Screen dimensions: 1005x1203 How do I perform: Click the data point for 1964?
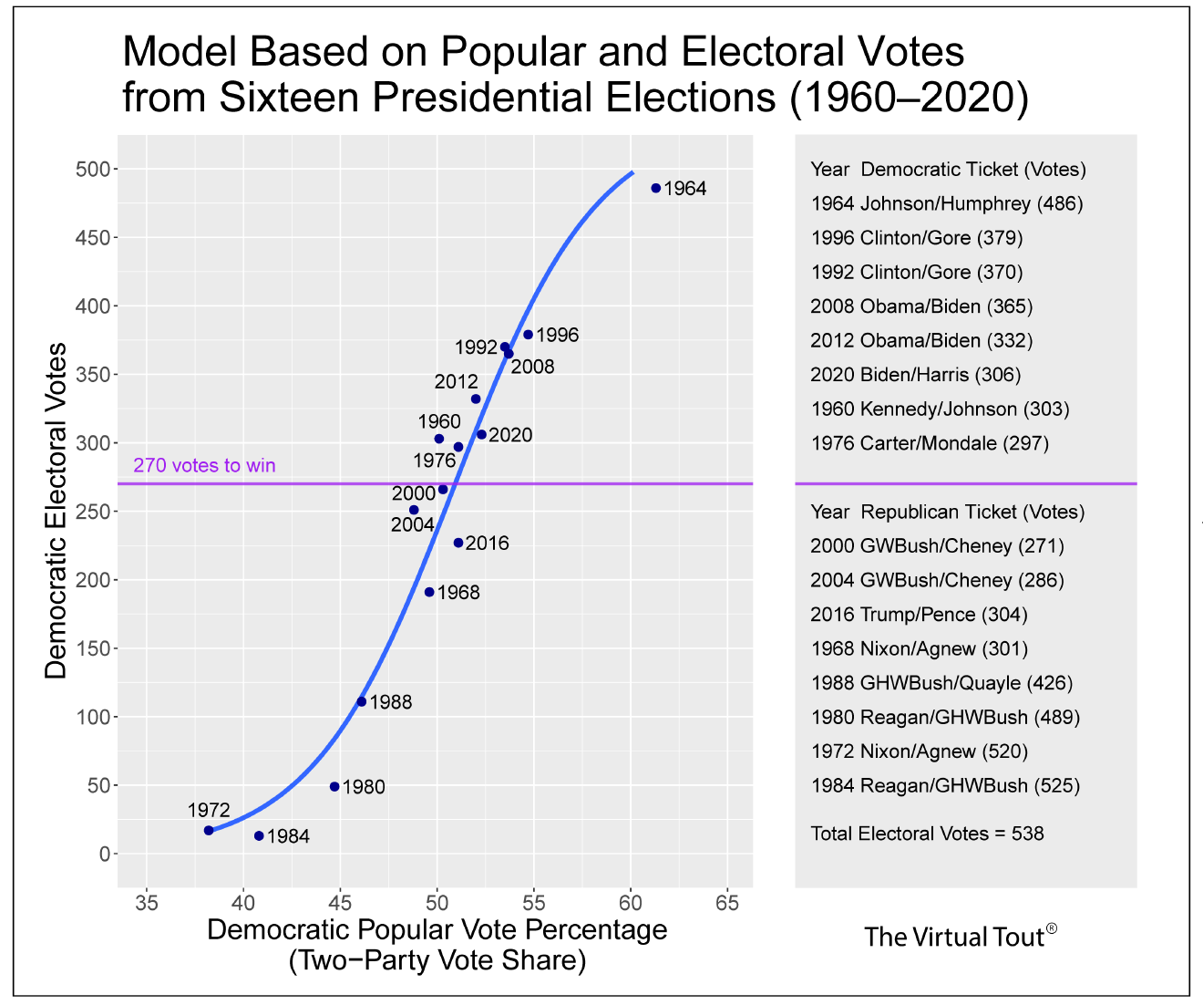[655, 188]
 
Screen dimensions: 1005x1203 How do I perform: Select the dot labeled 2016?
[458, 543]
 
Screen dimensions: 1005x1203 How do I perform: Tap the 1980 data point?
[334, 786]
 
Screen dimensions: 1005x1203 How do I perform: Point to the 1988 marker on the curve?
[362, 701]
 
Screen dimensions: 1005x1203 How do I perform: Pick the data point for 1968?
[429, 592]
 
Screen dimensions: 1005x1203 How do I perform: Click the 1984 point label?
[288, 836]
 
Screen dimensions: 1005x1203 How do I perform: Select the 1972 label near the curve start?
[209, 809]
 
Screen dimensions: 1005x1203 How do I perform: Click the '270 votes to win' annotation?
[204, 465]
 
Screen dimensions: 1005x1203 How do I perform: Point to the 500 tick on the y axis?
[98, 170]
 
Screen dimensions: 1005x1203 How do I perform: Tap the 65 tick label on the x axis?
[726, 904]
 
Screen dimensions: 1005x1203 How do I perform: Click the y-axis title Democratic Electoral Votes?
[57, 511]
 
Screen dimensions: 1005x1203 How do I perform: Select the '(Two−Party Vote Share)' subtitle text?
[437, 960]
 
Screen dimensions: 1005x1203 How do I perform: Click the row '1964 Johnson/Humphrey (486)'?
[946, 203]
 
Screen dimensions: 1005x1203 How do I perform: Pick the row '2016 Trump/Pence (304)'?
[919, 615]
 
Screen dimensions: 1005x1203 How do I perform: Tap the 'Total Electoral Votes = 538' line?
[927, 834]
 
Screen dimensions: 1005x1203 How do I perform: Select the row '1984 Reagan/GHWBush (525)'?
[945, 785]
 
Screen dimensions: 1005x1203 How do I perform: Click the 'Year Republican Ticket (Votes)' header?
[947, 512]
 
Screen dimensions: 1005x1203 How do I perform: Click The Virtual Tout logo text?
[961, 937]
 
